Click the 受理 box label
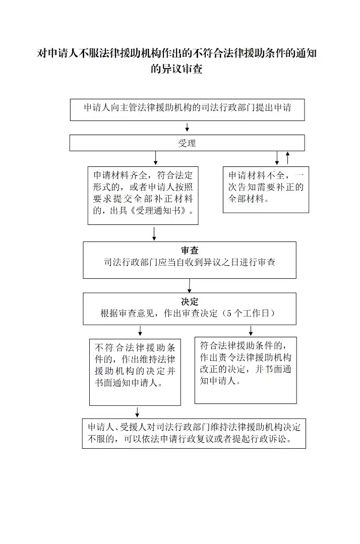click(187, 143)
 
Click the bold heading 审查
click(190, 251)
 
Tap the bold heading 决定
click(190, 301)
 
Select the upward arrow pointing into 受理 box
click(287, 158)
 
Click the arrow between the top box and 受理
click(187, 127)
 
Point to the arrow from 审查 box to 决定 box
click(190, 285)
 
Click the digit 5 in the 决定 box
click(229, 313)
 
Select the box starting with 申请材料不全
click(266, 190)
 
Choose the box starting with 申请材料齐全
click(143, 195)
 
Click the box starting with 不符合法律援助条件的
click(135, 372)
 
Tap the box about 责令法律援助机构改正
click(246, 370)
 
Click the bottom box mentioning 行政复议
click(194, 433)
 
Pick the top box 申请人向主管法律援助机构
click(187, 109)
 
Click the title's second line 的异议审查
click(176, 69)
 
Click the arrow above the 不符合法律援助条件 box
click(140, 331)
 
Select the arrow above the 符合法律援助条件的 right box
click(251, 330)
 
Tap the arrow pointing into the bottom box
click(137, 412)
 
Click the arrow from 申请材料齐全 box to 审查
click(154, 234)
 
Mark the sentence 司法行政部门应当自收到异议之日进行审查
click(190, 262)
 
